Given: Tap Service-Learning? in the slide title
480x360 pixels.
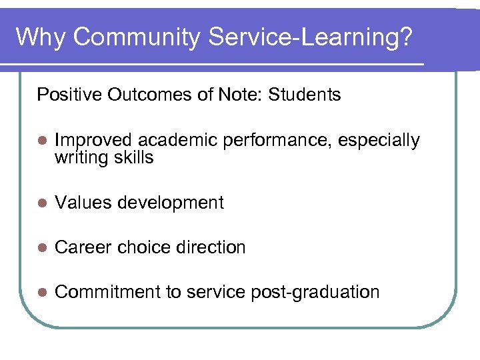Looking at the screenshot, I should (311, 37).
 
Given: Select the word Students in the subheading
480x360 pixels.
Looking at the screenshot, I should (305, 95).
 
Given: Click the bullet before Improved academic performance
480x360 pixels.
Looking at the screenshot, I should (42, 141).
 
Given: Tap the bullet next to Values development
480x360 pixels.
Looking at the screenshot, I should (42, 203).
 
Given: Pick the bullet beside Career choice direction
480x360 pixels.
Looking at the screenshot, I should (42, 248).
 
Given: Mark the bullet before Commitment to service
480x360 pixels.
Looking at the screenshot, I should (42, 293).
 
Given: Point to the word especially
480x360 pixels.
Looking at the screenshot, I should (379, 141).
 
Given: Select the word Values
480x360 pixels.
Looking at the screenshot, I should (81, 203).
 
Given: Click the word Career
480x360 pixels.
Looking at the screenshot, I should (83, 247).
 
